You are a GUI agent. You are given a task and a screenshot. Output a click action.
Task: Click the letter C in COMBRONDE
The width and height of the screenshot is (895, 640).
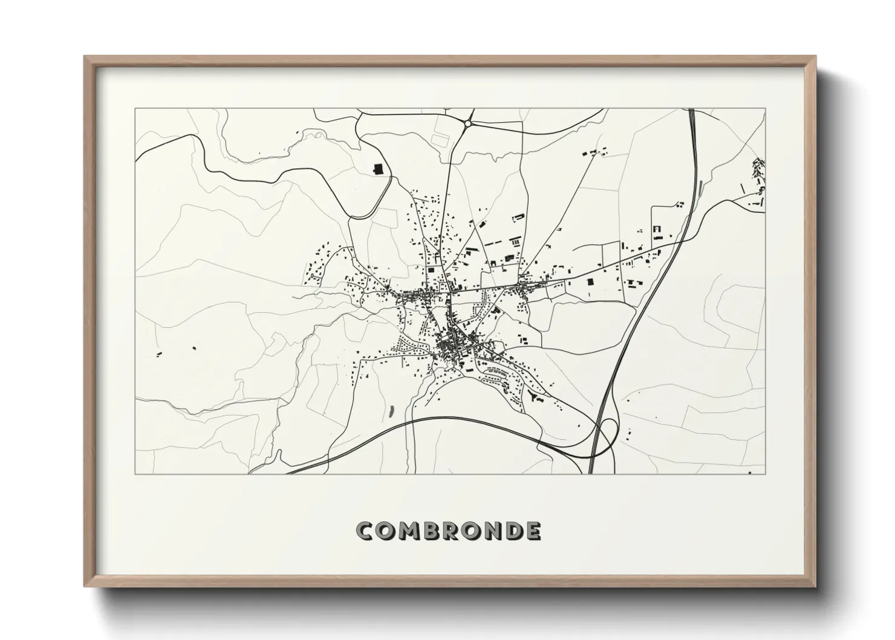click(x=366, y=531)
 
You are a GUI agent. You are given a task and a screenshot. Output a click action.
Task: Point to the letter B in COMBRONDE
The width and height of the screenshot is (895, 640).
click(x=432, y=531)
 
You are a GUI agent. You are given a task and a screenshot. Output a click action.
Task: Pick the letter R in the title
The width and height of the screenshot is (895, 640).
click(x=452, y=531)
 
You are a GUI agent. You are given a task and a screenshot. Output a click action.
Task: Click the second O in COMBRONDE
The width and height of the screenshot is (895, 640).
click(x=473, y=531)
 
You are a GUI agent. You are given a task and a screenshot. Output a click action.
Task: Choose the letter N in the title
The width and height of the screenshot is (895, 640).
click(x=494, y=531)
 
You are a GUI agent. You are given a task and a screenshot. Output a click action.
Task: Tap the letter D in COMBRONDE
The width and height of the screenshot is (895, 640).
click(x=515, y=531)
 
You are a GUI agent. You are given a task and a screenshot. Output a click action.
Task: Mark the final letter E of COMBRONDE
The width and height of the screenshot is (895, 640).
click(x=533, y=531)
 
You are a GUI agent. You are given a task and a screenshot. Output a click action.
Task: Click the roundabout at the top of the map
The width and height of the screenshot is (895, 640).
click(x=467, y=123)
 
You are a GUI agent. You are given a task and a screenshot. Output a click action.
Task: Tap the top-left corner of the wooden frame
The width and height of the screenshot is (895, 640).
click(x=85, y=57)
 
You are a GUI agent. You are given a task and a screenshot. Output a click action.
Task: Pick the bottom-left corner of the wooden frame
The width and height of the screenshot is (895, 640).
click(x=85, y=586)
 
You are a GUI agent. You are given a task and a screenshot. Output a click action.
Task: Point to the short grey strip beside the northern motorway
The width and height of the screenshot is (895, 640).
click(x=699, y=188)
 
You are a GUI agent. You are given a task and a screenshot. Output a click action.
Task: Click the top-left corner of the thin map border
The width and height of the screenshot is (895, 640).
click(x=135, y=109)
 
